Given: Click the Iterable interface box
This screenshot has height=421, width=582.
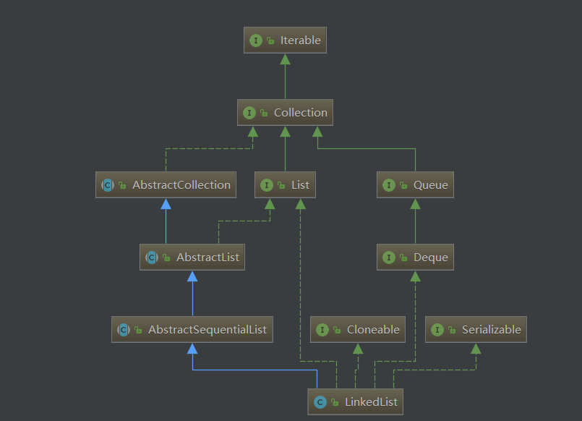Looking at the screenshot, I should (285, 41).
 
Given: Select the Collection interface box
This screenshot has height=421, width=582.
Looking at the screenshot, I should (285, 113).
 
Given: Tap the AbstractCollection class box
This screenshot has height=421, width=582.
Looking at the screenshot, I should (166, 185).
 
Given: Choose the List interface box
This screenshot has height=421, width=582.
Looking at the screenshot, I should (285, 185).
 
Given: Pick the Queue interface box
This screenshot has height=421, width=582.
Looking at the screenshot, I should (415, 185).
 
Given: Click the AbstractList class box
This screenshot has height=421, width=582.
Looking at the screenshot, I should (192, 258).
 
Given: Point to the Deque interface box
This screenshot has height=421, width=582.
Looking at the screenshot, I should (415, 258).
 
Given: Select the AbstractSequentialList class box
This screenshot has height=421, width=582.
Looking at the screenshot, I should (192, 330).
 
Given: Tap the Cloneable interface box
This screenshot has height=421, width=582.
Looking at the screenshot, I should (357, 330).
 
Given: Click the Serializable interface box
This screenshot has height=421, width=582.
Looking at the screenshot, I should (476, 330).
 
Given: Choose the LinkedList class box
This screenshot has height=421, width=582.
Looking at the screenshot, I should (356, 402).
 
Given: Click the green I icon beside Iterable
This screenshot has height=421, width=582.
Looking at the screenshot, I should (256, 41).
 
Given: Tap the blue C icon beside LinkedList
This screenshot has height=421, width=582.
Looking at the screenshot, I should (320, 402).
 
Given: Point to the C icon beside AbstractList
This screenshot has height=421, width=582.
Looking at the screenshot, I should (152, 258).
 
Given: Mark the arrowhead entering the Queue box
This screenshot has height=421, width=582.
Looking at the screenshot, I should (415, 204).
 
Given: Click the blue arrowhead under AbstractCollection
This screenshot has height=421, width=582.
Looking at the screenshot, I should (166, 204).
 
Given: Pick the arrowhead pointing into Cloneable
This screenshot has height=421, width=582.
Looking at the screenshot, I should (357, 349).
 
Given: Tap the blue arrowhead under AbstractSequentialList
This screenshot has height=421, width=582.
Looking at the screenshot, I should (192, 349).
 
